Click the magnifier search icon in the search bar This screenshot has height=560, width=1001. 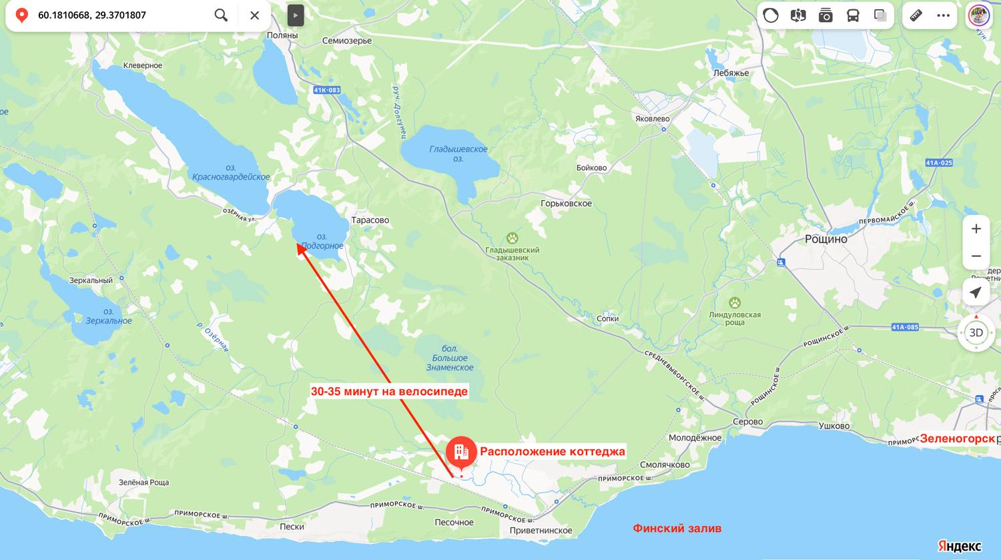(x=221, y=15)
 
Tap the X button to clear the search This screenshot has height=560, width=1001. (x=254, y=15)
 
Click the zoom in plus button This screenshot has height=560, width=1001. (x=976, y=229)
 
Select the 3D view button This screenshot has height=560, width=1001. (x=976, y=332)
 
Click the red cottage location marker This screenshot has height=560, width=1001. (x=461, y=452)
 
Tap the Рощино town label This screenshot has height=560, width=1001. (x=825, y=239)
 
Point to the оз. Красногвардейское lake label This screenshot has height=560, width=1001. (x=231, y=173)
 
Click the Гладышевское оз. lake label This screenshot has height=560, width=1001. (x=458, y=154)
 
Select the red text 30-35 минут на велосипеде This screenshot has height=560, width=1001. (x=389, y=391)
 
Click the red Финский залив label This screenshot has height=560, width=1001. (x=677, y=528)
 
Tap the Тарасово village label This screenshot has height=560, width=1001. (x=370, y=220)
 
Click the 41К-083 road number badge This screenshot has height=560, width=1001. (x=326, y=90)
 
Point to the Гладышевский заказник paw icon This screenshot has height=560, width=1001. (x=512, y=238)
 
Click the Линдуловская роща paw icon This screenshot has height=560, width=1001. (x=735, y=302)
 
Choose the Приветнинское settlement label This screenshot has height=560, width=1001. (x=541, y=531)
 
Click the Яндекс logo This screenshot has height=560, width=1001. (x=960, y=545)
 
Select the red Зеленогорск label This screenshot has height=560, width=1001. (x=957, y=439)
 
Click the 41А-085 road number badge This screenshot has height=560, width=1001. (x=905, y=327)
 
